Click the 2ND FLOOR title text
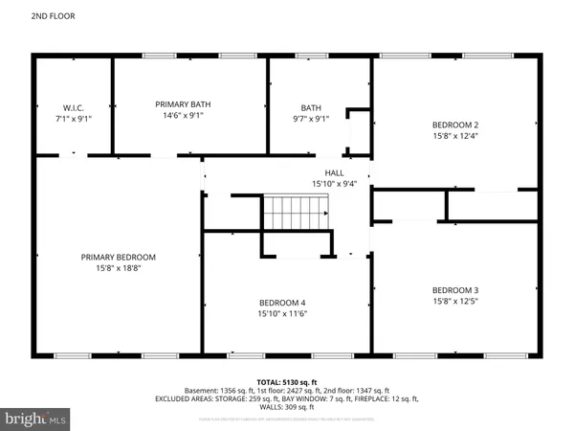[27, 16]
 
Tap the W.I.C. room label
[75, 106]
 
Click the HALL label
[334, 172]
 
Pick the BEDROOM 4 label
[281, 301]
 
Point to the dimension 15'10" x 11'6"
[281, 313]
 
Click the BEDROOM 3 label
[454, 290]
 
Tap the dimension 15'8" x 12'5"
[454, 303]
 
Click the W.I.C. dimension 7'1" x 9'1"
[75, 119]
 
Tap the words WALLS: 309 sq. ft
[286, 408]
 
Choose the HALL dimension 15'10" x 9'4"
[334, 184]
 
